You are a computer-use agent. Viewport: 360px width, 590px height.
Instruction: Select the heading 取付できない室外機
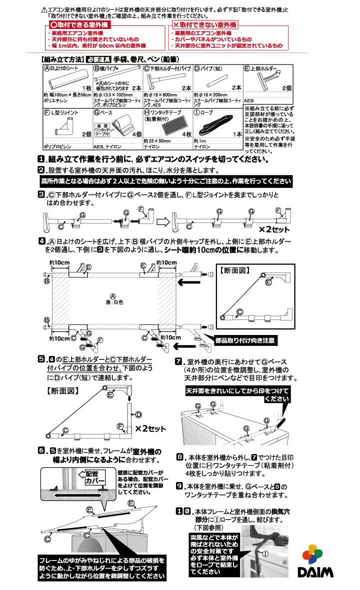pos(205,24)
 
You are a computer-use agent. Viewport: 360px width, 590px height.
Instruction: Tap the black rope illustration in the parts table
pos(216,126)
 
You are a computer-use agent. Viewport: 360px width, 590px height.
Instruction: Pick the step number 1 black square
pos(41,159)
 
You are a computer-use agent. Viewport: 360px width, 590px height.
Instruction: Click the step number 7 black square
pos(178,362)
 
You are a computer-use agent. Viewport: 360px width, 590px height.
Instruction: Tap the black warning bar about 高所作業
pos(165,181)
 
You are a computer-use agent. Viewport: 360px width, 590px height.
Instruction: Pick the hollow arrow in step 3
pos(162,220)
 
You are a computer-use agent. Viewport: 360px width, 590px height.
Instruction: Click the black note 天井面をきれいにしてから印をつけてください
pos(238,394)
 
